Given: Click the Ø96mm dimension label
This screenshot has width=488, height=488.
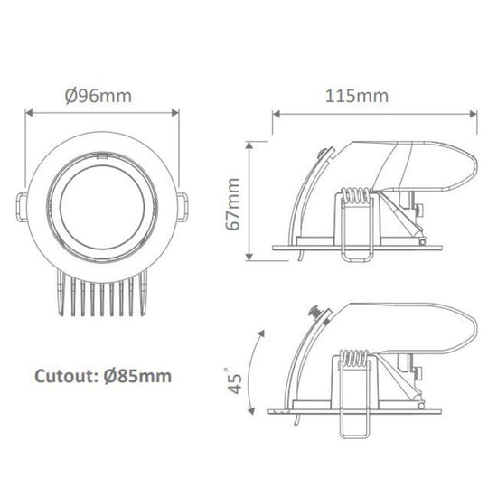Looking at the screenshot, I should (x=102, y=94).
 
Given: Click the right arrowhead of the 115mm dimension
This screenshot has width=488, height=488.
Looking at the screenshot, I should (x=474, y=114).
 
